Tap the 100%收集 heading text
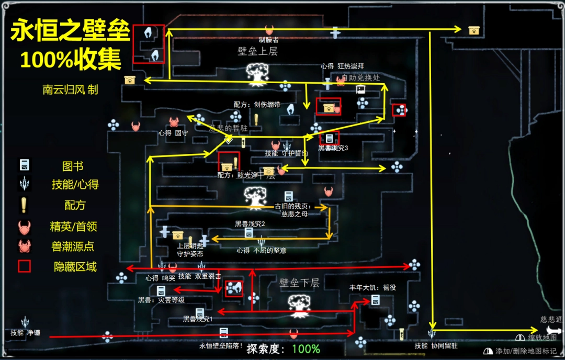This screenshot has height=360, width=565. (x=71, y=60)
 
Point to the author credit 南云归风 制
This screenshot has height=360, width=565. (x=70, y=90)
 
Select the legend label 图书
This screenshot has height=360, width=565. (x=73, y=166)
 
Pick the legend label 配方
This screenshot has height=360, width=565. (x=74, y=205)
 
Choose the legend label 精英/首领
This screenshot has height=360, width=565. (x=73, y=227)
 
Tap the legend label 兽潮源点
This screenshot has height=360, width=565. (x=73, y=246)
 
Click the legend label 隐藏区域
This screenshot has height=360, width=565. (x=75, y=266)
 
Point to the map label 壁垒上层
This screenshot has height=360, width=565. (x=257, y=51)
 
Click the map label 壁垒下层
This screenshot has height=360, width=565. (x=299, y=283)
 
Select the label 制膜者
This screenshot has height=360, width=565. (x=269, y=40)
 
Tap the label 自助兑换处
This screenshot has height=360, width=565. (x=360, y=77)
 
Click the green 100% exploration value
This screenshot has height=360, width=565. (x=306, y=349)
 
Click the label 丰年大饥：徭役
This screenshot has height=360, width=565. (x=373, y=288)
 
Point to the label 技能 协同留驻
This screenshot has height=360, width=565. (x=436, y=345)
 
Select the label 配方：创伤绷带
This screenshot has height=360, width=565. (x=254, y=105)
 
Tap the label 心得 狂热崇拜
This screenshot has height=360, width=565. (x=342, y=66)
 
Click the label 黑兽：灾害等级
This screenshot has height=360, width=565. (x=161, y=300)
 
